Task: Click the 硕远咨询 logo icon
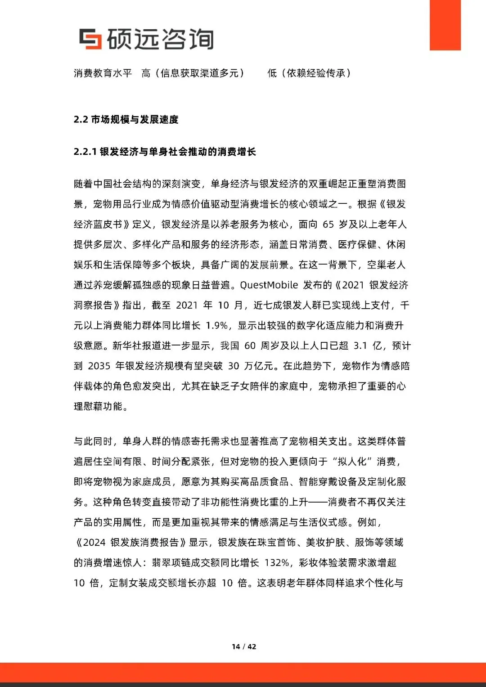pos(90,39)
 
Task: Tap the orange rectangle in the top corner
pos(445,25)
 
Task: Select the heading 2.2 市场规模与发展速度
pos(126,120)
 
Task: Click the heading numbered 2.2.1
pos(165,152)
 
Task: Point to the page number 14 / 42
pos(244,647)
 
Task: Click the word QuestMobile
pos(269,285)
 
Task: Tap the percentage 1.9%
pos(218,326)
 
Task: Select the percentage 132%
pos(277,563)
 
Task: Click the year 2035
pos(99,366)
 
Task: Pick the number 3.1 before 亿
pos(360,346)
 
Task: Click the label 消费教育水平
pos(103,73)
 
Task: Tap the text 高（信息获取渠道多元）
pos(193,73)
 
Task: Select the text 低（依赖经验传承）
pos(309,73)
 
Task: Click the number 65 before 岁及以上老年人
pos(328,225)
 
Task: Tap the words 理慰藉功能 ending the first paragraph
pos(98,407)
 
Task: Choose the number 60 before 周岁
pos(250,346)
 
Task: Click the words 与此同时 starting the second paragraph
pos(93,441)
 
